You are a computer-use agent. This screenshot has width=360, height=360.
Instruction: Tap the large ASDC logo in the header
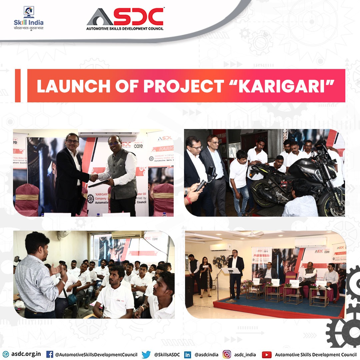pos(125,19)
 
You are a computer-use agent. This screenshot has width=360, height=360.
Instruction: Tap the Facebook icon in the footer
pos(50,354)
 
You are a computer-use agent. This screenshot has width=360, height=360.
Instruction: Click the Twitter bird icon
pos(146,354)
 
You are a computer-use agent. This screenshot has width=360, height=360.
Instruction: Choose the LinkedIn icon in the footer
pos(188,354)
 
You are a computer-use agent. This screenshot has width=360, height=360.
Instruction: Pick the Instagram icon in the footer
pos(227,354)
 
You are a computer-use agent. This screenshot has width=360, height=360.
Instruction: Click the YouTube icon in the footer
pos(267,354)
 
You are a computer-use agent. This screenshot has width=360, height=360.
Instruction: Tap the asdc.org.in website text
pos(26,354)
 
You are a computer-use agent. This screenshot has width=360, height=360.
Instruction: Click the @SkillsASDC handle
pos(167,354)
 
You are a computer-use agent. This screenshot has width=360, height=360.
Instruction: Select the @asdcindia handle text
pos(206,354)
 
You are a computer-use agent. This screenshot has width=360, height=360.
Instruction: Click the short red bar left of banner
pos(18,86)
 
